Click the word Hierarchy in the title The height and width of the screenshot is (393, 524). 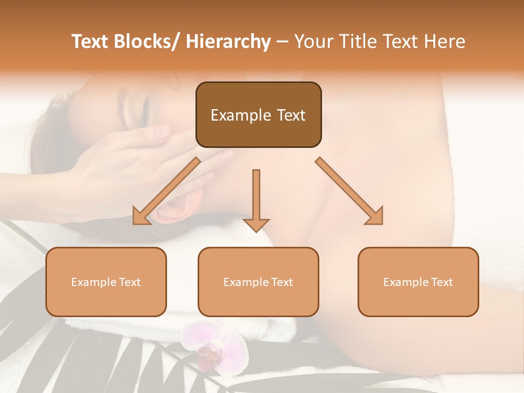coord(228,41)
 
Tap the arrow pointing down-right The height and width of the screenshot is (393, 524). coord(350,191)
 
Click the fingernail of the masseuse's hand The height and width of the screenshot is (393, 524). coord(162,131)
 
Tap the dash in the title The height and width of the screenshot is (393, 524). coord(282,41)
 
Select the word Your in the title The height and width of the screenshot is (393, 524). coord(313,41)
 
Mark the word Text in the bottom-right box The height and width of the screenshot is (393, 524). coord(442,282)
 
